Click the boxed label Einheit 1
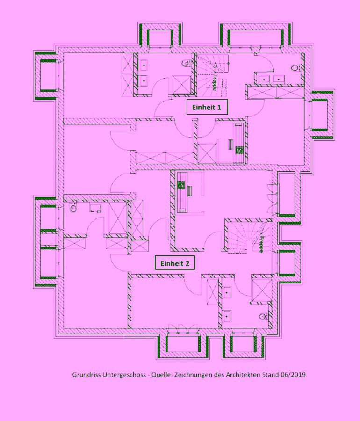207,107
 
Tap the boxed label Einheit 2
175,263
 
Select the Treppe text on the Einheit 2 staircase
261,244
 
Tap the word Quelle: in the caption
162,375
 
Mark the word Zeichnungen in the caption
193,375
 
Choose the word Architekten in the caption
243,375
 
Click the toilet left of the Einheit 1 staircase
187,63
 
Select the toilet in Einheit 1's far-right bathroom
295,68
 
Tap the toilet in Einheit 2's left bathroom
73,208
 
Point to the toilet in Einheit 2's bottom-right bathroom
264,317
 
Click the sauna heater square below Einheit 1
239,150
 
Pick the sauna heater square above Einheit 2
181,185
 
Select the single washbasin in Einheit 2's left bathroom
95,208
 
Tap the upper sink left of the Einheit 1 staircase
144,65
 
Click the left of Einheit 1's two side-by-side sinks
264,80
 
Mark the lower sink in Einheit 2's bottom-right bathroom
227,316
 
